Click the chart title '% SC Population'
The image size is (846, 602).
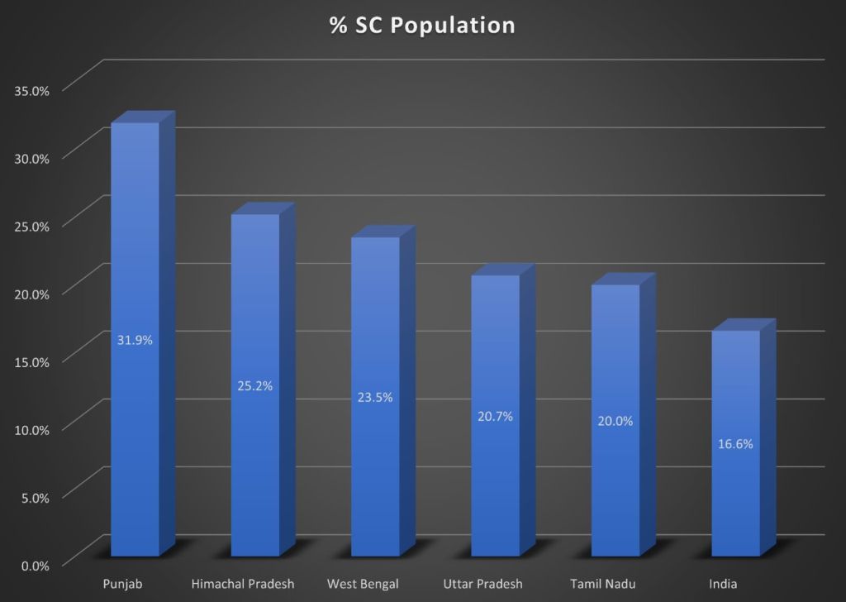422,26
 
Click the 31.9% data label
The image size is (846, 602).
135,340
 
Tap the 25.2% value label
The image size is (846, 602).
255,385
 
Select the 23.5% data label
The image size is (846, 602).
375,397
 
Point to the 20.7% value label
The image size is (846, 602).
495,416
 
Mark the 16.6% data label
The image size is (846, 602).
734,444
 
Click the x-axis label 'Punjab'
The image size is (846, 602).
123,585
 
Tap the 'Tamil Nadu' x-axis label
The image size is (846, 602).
603,585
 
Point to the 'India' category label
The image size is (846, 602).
723,585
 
